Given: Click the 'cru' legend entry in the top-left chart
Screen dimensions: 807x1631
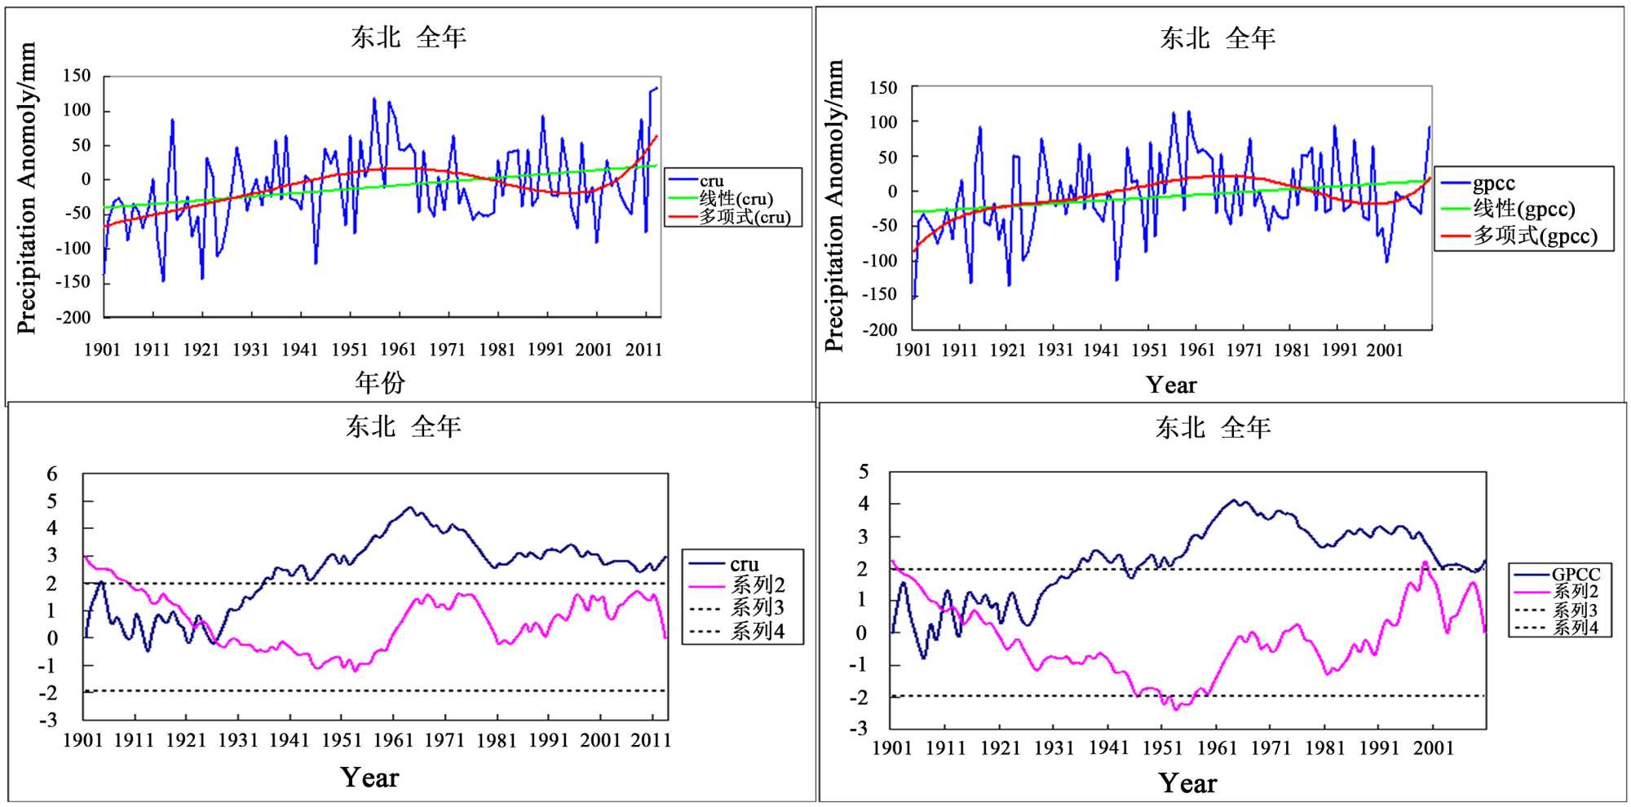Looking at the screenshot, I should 711,180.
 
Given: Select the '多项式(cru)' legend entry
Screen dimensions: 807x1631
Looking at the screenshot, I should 744,217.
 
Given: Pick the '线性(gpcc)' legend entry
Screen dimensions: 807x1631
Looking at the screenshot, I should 1523,209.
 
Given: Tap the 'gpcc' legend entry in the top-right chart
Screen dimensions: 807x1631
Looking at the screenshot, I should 1493,183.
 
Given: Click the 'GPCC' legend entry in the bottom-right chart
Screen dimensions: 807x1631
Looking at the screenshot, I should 1575,574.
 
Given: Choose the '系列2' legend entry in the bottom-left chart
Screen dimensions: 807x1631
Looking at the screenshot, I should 758,584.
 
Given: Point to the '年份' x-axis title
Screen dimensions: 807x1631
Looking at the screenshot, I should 379,381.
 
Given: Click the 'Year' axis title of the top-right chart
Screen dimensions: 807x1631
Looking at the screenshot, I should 1171,385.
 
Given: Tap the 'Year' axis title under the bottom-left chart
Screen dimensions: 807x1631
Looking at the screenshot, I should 369,778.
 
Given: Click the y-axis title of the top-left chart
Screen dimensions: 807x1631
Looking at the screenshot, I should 26,188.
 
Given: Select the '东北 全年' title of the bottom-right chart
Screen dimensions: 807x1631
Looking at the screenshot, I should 1213,427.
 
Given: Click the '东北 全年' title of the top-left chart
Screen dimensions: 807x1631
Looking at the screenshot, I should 409,37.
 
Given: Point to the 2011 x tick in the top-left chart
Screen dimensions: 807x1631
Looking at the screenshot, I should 643,350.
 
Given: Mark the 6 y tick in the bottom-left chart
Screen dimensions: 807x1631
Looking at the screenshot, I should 52,474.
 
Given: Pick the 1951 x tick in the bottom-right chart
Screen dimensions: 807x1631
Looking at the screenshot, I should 1162,747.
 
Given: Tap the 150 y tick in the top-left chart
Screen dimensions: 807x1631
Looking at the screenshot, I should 77,76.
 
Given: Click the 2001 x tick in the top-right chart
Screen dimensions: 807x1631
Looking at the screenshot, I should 1385,351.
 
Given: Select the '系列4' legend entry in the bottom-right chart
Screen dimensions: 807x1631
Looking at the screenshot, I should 1575,628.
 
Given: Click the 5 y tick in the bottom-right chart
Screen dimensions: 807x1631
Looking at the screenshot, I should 864,471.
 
